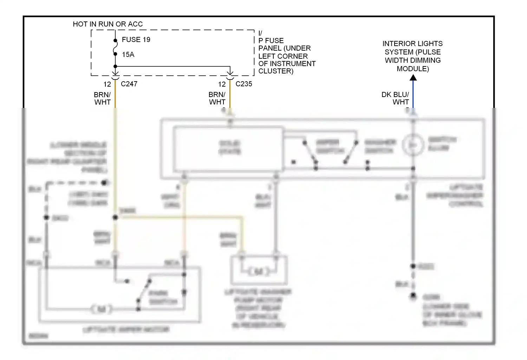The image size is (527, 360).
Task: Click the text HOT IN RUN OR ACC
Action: pyautogui.click(x=108, y=24)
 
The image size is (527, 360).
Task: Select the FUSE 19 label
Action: pyautogui.click(x=136, y=40)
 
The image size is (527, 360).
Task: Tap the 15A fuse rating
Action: pyautogui.click(x=128, y=54)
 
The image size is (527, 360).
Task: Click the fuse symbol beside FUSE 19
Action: pyautogui.click(x=115, y=47)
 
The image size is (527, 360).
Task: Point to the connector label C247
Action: pyautogui.click(x=129, y=84)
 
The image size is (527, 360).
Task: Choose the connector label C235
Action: pyautogui.click(x=244, y=84)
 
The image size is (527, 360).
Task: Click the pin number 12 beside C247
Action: pyautogui.click(x=107, y=84)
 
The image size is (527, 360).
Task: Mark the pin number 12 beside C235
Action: pyautogui.click(x=222, y=84)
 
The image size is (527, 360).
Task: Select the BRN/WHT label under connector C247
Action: pyautogui.click(x=102, y=98)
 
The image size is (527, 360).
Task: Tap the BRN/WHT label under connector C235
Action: pyautogui.click(x=217, y=98)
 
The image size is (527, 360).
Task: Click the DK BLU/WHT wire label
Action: pyautogui.click(x=395, y=98)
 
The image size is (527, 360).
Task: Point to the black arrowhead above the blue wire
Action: pyautogui.click(x=413, y=78)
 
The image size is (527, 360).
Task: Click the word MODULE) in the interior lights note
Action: pyautogui.click(x=413, y=69)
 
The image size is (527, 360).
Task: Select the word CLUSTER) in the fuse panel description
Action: pyautogui.click(x=276, y=71)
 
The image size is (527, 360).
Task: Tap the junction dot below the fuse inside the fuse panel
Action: pyautogui.click(x=115, y=66)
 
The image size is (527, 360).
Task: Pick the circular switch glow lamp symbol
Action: pyautogui.click(x=413, y=145)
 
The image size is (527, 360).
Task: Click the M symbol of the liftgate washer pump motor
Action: pyautogui.click(x=259, y=271)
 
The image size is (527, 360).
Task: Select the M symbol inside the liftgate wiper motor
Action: pyautogui.click(x=102, y=309)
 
